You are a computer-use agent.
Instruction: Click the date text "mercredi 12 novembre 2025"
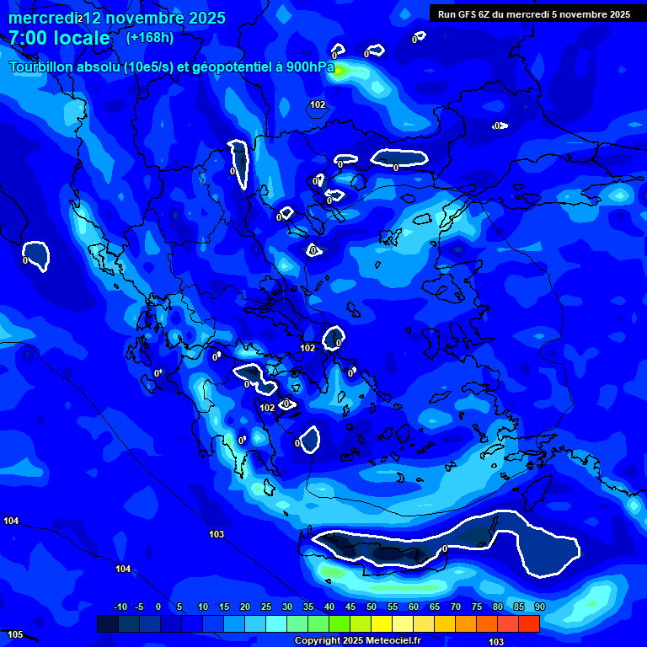click(116, 18)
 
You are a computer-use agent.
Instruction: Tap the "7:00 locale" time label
click(60, 38)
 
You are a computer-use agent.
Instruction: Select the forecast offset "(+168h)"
click(150, 37)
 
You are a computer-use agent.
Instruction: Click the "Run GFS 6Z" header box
click(533, 13)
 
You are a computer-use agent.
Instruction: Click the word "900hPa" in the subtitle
click(308, 67)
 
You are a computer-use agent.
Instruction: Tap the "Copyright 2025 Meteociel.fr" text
click(356, 640)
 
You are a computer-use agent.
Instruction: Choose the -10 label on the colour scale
click(120, 607)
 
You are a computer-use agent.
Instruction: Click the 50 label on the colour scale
click(372, 607)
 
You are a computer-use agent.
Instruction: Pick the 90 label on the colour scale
click(539, 607)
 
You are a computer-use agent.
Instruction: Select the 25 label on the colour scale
click(266, 607)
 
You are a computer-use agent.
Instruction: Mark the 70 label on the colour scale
click(456, 607)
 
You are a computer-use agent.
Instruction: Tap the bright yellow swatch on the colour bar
click(382, 623)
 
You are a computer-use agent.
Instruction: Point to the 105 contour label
click(14, 634)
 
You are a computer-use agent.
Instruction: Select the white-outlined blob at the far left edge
click(36, 254)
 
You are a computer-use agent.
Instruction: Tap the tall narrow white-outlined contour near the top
click(240, 163)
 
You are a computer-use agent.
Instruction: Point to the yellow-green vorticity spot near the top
click(339, 72)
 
